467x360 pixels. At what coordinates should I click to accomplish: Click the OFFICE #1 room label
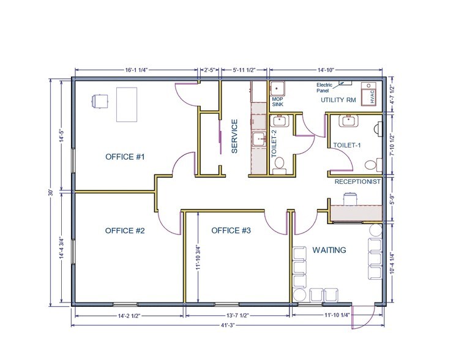(x=124, y=157)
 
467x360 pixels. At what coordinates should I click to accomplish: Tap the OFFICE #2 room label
(x=124, y=231)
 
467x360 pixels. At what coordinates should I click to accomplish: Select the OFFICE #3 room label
(x=231, y=231)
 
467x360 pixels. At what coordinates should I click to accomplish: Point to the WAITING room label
(x=329, y=250)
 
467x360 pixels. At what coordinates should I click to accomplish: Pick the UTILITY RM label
(x=338, y=100)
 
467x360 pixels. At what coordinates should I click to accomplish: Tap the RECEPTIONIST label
(x=358, y=182)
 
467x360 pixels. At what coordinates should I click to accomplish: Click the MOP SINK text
(x=278, y=102)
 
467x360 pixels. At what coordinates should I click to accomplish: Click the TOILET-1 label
(x=347, y=146)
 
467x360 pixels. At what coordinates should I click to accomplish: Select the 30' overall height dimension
(x=53, y=192)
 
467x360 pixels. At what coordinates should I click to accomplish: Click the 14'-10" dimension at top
(x=326, y=69)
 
